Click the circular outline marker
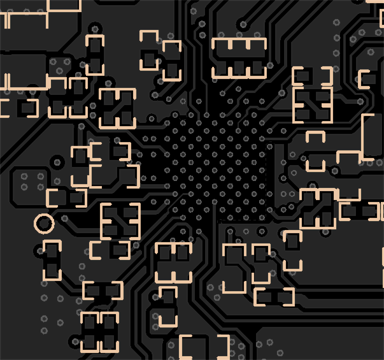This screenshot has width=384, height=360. click(44, 224)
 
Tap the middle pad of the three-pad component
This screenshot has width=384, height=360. click(239, 67)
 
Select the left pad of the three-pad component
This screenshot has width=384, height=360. click(221, 67)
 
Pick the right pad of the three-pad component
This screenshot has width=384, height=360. click(257, 67)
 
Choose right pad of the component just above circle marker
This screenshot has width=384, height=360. click(77, 198)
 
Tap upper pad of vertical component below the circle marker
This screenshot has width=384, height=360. click(52, 253)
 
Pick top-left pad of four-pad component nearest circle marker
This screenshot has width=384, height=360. click(110, 213)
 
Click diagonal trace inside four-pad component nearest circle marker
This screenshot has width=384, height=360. click(120, 222)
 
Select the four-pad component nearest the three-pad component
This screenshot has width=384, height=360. click(312, 105)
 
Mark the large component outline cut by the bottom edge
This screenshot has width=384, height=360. click(204, 348)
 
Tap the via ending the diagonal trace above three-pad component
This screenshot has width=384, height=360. click(241, 25)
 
